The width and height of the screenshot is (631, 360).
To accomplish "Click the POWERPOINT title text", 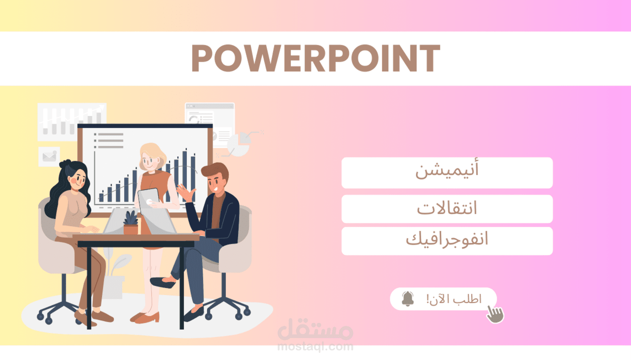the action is pos(315,58).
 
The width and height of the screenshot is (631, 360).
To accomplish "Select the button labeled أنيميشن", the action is pos(447,173).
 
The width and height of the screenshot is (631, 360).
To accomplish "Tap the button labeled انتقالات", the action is pos(447,209).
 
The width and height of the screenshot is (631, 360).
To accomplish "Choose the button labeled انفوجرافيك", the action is pos(447,241).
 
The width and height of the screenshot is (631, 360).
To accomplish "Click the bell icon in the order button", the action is pos(408,299).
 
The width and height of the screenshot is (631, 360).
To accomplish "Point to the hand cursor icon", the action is pos(495,314).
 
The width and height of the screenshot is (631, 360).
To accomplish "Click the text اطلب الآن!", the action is pos(454,299).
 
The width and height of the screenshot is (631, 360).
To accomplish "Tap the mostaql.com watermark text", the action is pos(315,347).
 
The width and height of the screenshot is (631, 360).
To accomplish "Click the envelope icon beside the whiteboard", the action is pos(49,156).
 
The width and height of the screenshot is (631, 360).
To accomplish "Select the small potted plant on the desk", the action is pos(131,223).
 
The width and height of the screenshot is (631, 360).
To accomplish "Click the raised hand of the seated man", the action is pos(186,192).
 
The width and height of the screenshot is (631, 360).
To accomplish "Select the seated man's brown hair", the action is pos(215,171).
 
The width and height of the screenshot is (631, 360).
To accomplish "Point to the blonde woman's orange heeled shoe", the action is pos(145,317).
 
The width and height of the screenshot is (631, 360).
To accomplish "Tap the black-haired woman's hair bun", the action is pos(65,163).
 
